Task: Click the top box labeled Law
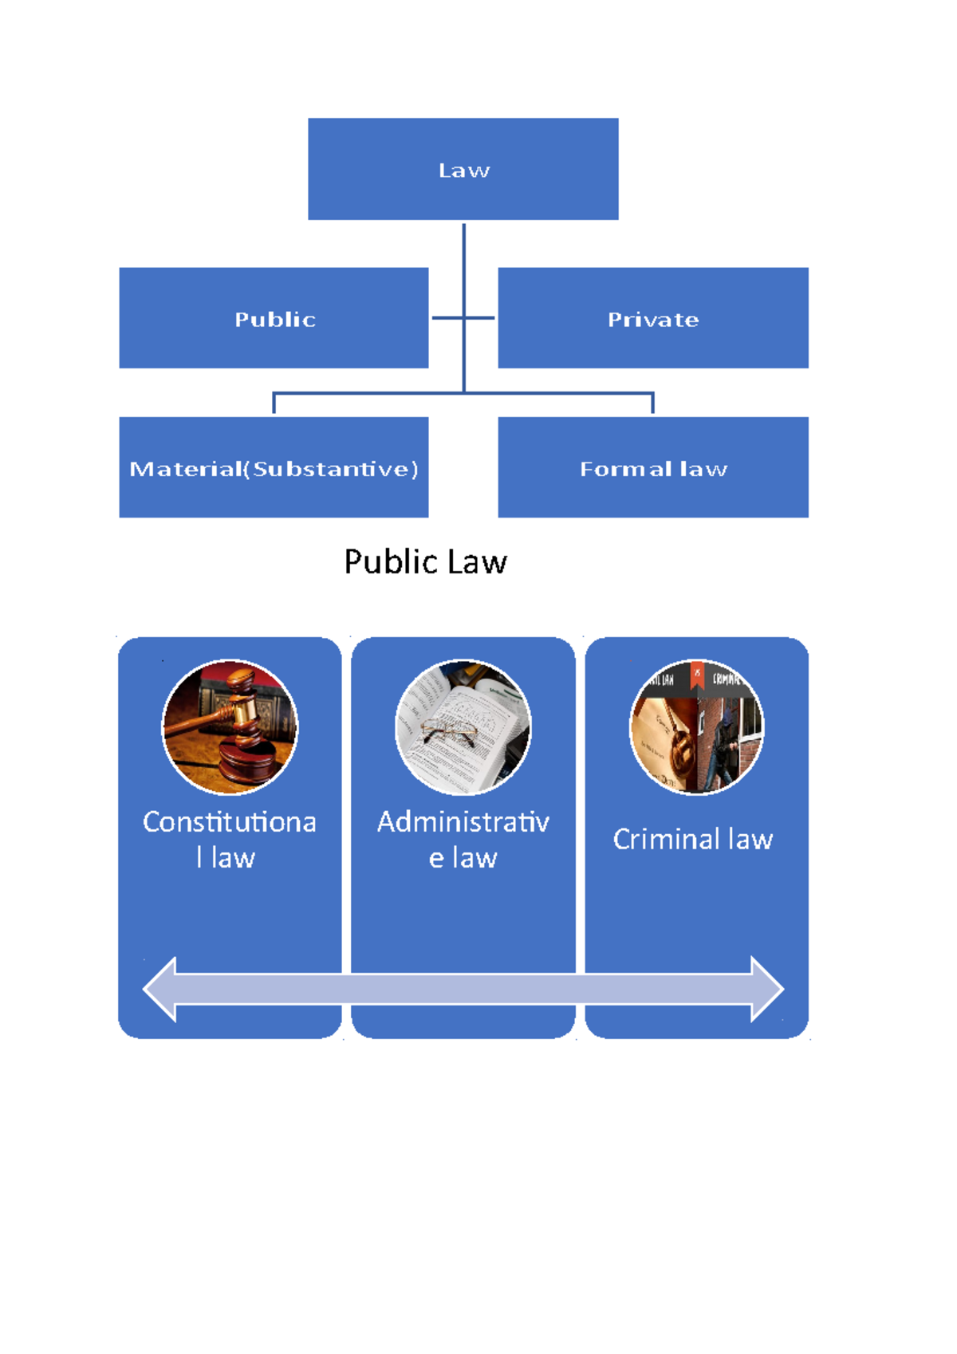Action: tap(463, 169)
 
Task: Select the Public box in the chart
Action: tap(274, 318)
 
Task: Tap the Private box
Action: tap(652, 318)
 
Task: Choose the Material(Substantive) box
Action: tap(274, 467)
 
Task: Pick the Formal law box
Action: tap(652, 467)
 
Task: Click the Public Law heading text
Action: tap(425, 562)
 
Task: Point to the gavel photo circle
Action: tap(230, 727)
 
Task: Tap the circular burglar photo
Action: tap(696, 727)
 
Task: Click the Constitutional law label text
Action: tap(229, 839)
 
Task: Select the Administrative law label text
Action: tap(463, 839)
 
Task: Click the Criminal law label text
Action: tap(692, 839)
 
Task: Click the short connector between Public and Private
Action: tap(463, 318)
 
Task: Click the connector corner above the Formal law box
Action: tap(652, 394)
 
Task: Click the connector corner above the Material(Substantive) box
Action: tap(274, 394)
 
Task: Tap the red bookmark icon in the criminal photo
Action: tap(697, 675)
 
